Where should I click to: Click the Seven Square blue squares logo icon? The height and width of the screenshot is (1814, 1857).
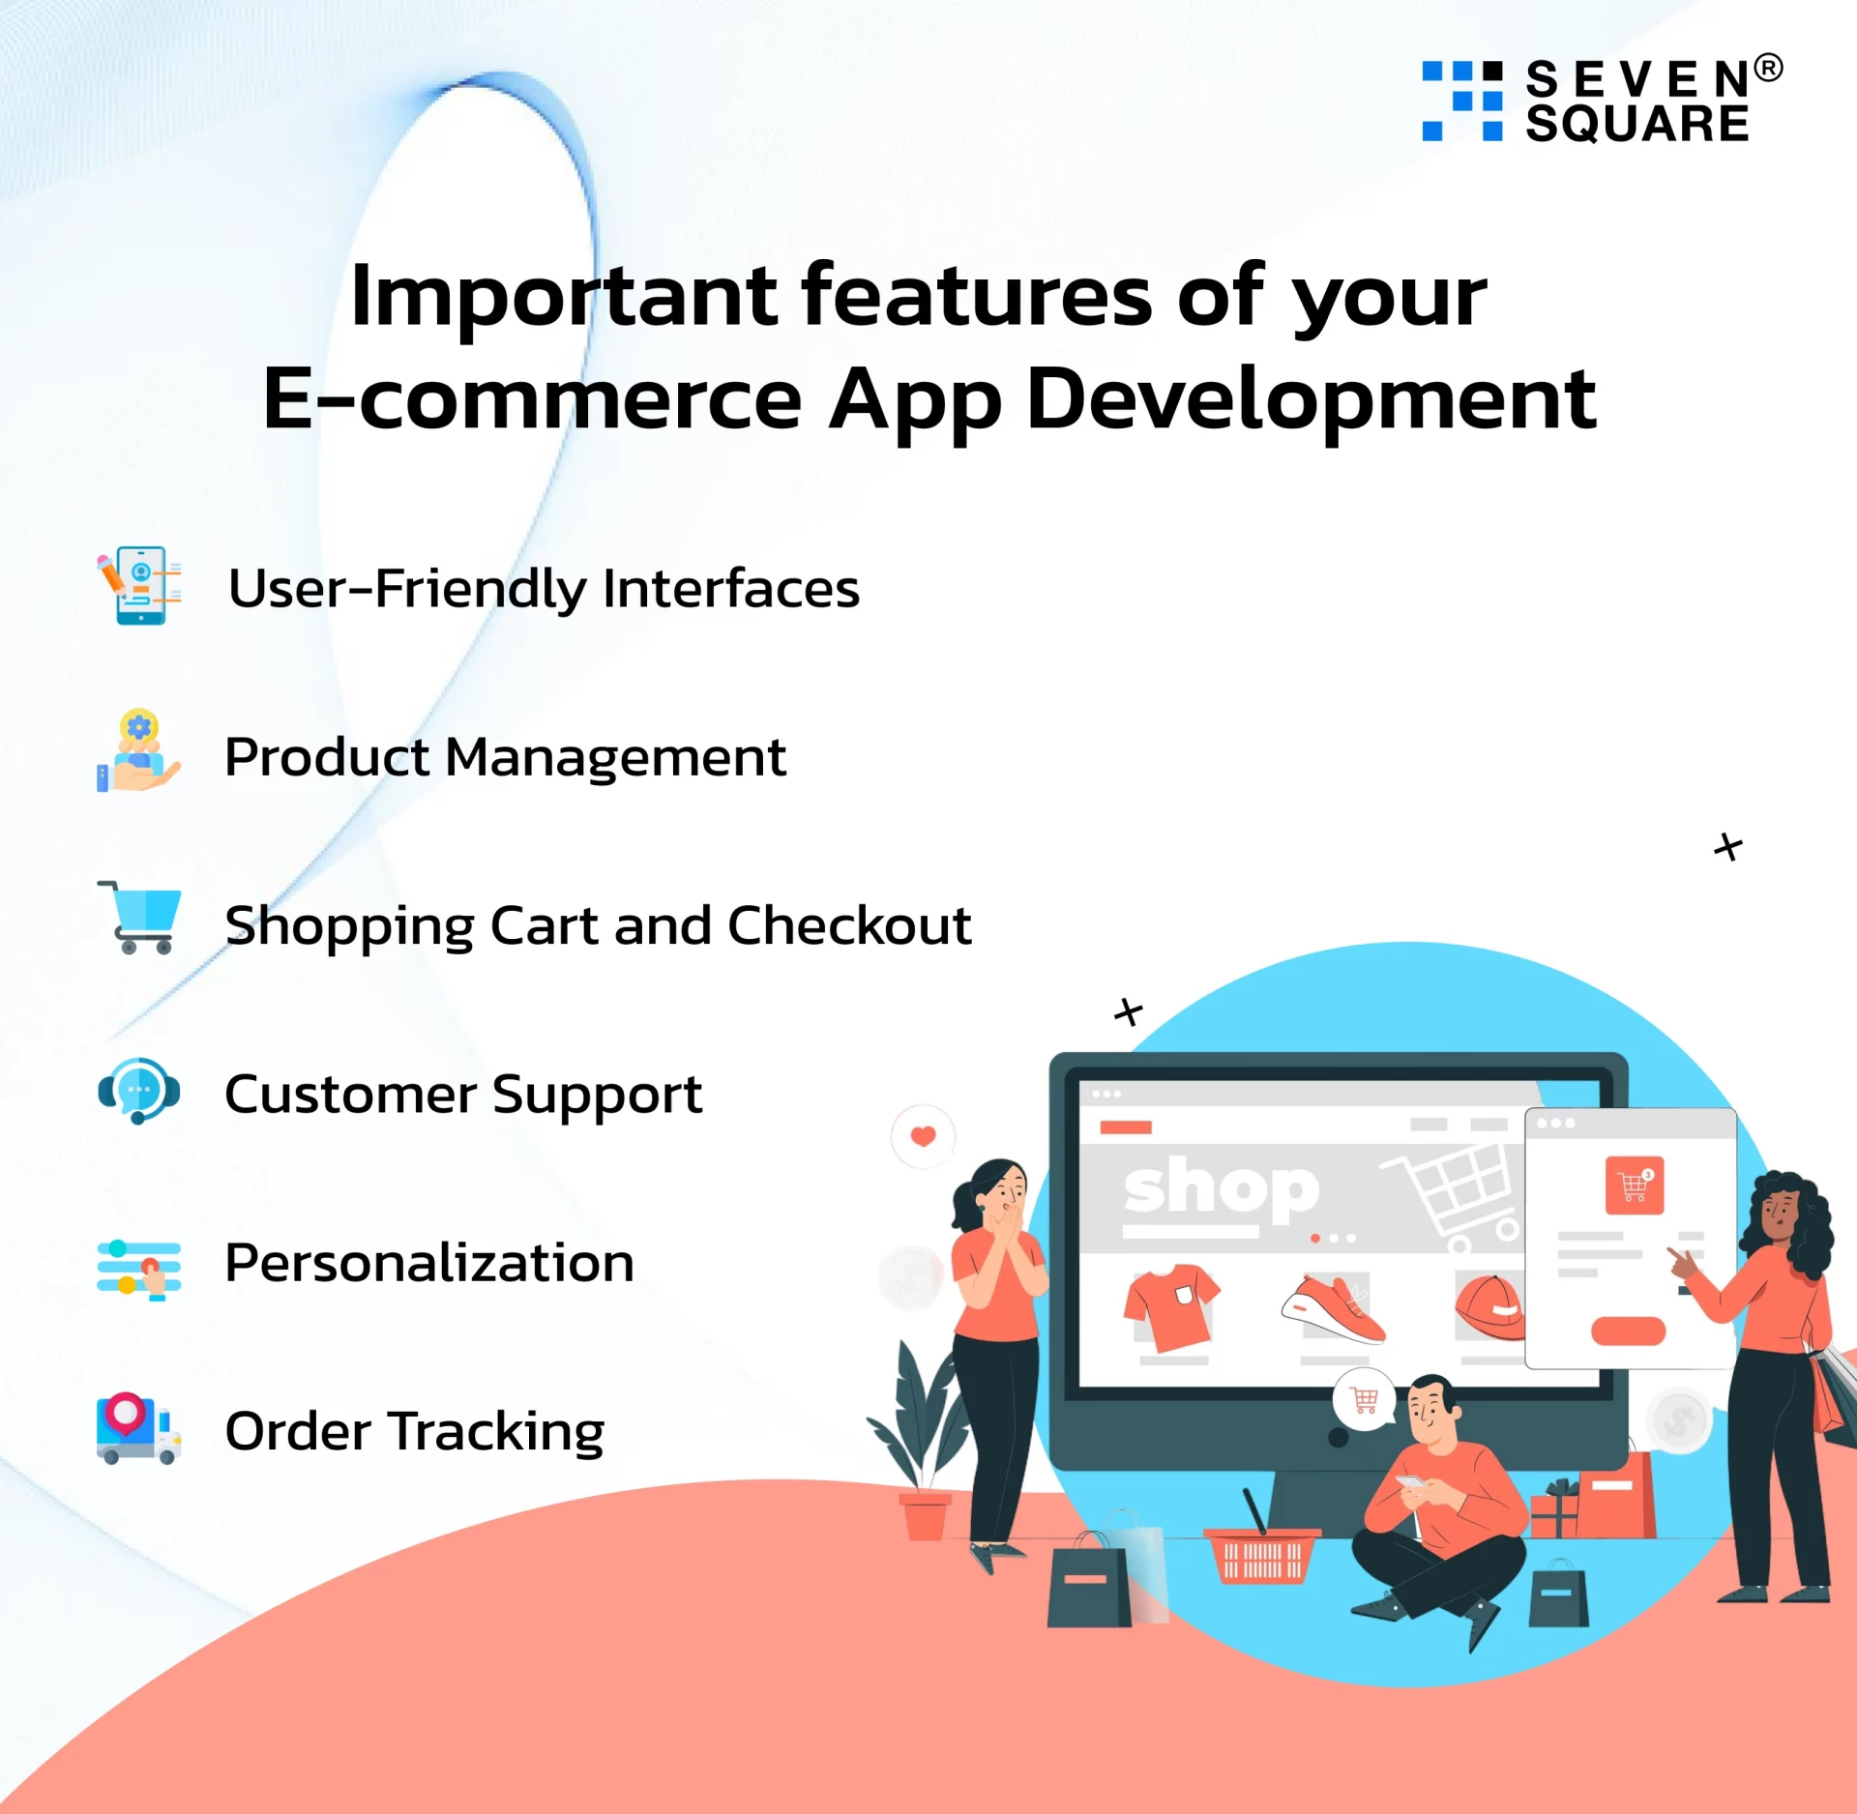[x=1461, y=101]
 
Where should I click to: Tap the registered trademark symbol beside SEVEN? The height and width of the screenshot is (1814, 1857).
[x=1768, y=68]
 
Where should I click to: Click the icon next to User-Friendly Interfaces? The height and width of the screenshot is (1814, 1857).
[x=139, y=585]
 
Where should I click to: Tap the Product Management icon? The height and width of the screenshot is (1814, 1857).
[x=138, y=751]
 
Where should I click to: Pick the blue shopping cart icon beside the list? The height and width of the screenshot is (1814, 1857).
[x=139, y=918]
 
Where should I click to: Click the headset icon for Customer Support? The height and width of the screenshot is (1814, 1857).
[x=139, y=1090]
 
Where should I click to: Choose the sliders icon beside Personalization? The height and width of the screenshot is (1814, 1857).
[x=139, y=1269]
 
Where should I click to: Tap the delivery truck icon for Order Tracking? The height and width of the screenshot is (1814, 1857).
[x=139, y=1429]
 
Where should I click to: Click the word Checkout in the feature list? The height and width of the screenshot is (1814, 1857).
[x=849, y=925]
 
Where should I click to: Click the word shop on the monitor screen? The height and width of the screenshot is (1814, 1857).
[x=1222, y=1188]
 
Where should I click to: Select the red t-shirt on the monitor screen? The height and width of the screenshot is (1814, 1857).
[x=1171, y=1306]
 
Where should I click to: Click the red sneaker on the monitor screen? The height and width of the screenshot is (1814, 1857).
[x=1334, y=1310]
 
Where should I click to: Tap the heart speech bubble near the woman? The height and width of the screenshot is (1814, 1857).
[x=923, y=1136]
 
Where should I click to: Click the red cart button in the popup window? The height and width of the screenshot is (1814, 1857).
[x=1635, y=1185]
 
